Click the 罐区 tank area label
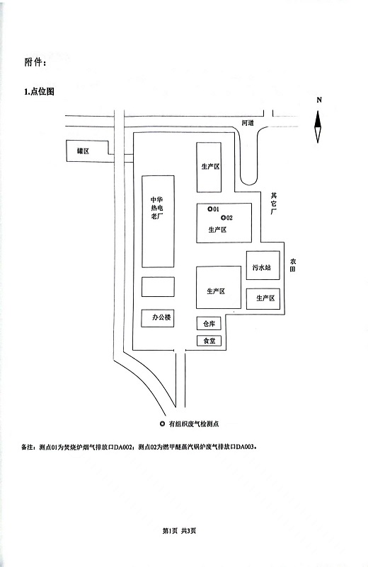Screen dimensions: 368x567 (x=84, y=151)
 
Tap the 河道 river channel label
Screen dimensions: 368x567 (x=248, y=123)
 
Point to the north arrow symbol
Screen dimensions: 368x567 (x=318, y=127)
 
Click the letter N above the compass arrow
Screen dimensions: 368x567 (x=318, y=100)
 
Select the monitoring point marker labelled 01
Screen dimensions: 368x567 (x=210, y=209)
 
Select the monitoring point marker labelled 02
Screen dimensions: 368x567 (x=223, y=218)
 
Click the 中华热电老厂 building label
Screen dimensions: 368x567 (x=157, y=209)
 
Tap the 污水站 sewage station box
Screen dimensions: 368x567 (x=263, y=265)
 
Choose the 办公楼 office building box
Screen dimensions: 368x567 (x=157, y=318)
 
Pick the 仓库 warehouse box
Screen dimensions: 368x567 (x=209, y=324)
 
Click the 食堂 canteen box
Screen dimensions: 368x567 (x=209, y=341)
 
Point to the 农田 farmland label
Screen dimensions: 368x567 (x=293, y=265)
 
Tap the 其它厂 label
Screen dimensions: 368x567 (x=274, y=204)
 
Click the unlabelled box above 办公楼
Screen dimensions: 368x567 (x=158, y=287)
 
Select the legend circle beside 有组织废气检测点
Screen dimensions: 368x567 (x=162, y=423)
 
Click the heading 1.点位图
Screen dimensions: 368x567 (x=39, y=92)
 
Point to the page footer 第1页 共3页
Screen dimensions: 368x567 (x=180, y=531)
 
